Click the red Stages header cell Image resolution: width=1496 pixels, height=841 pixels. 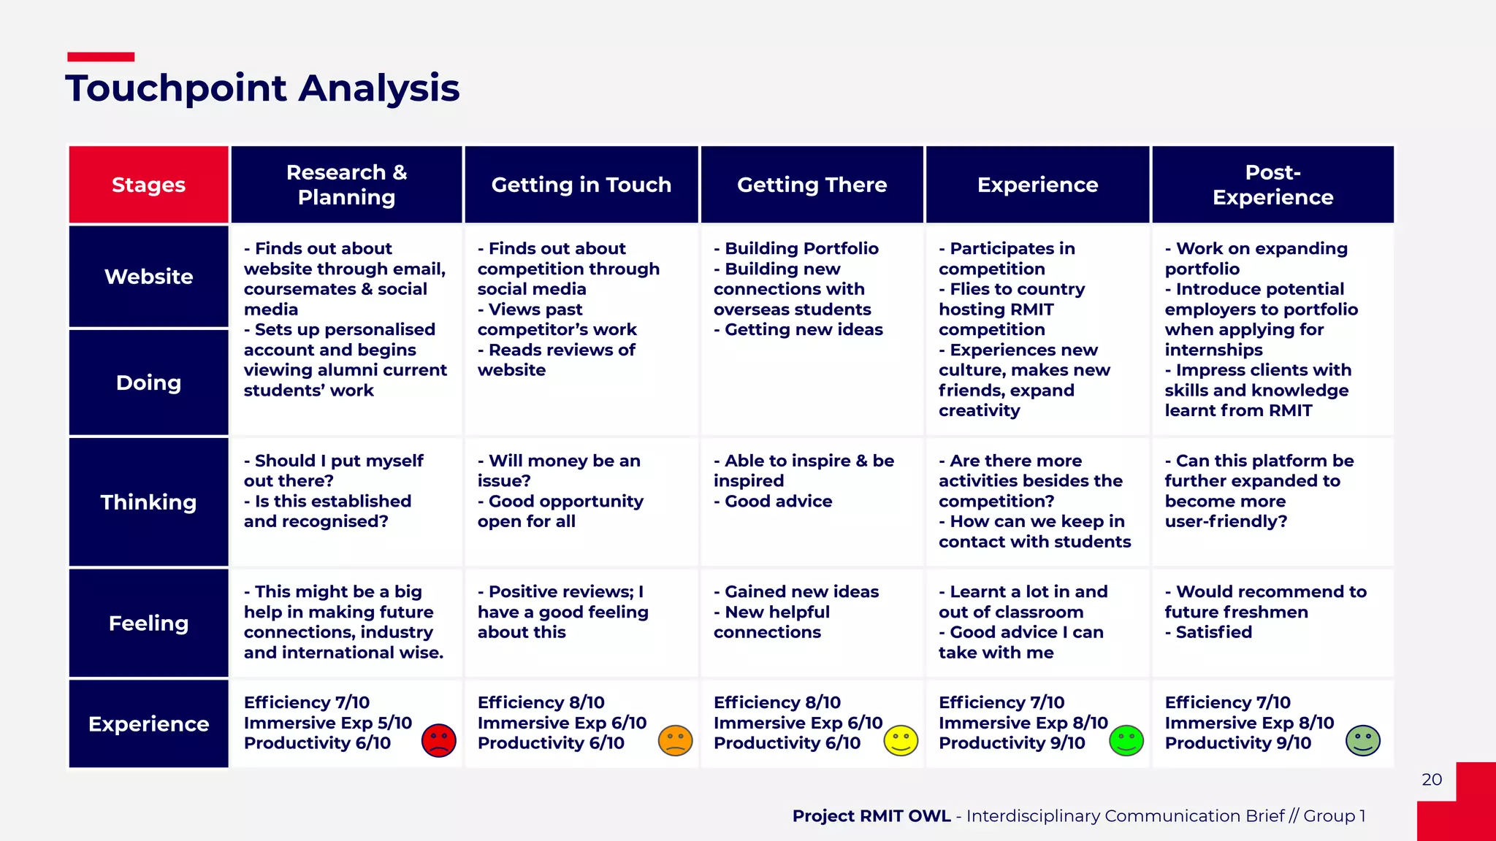148,185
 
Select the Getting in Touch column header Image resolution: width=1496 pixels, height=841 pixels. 581,185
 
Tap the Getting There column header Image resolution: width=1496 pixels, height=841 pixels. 812,185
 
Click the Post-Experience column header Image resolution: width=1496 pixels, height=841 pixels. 1272,185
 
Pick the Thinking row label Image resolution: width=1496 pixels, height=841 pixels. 148,502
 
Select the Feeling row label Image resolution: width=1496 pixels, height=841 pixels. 148,623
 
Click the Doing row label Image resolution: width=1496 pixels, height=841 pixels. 148,383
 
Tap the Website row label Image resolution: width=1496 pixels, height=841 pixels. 148,277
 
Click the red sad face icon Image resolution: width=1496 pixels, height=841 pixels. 439,740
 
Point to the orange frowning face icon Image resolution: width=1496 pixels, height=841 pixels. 675,740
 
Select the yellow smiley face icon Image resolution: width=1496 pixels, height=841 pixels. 901,740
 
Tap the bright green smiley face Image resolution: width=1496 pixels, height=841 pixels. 1126,740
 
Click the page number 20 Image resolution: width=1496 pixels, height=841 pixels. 1432,780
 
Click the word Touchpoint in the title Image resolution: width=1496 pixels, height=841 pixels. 176,88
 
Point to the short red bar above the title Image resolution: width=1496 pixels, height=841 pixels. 101,57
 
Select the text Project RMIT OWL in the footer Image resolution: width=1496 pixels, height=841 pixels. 871,816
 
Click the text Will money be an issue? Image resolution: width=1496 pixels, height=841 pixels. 559,471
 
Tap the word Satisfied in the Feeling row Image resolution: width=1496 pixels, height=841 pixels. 1213,632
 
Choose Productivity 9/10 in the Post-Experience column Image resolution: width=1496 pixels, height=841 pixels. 1237,743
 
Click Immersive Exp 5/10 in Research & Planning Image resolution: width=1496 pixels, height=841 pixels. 328,723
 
